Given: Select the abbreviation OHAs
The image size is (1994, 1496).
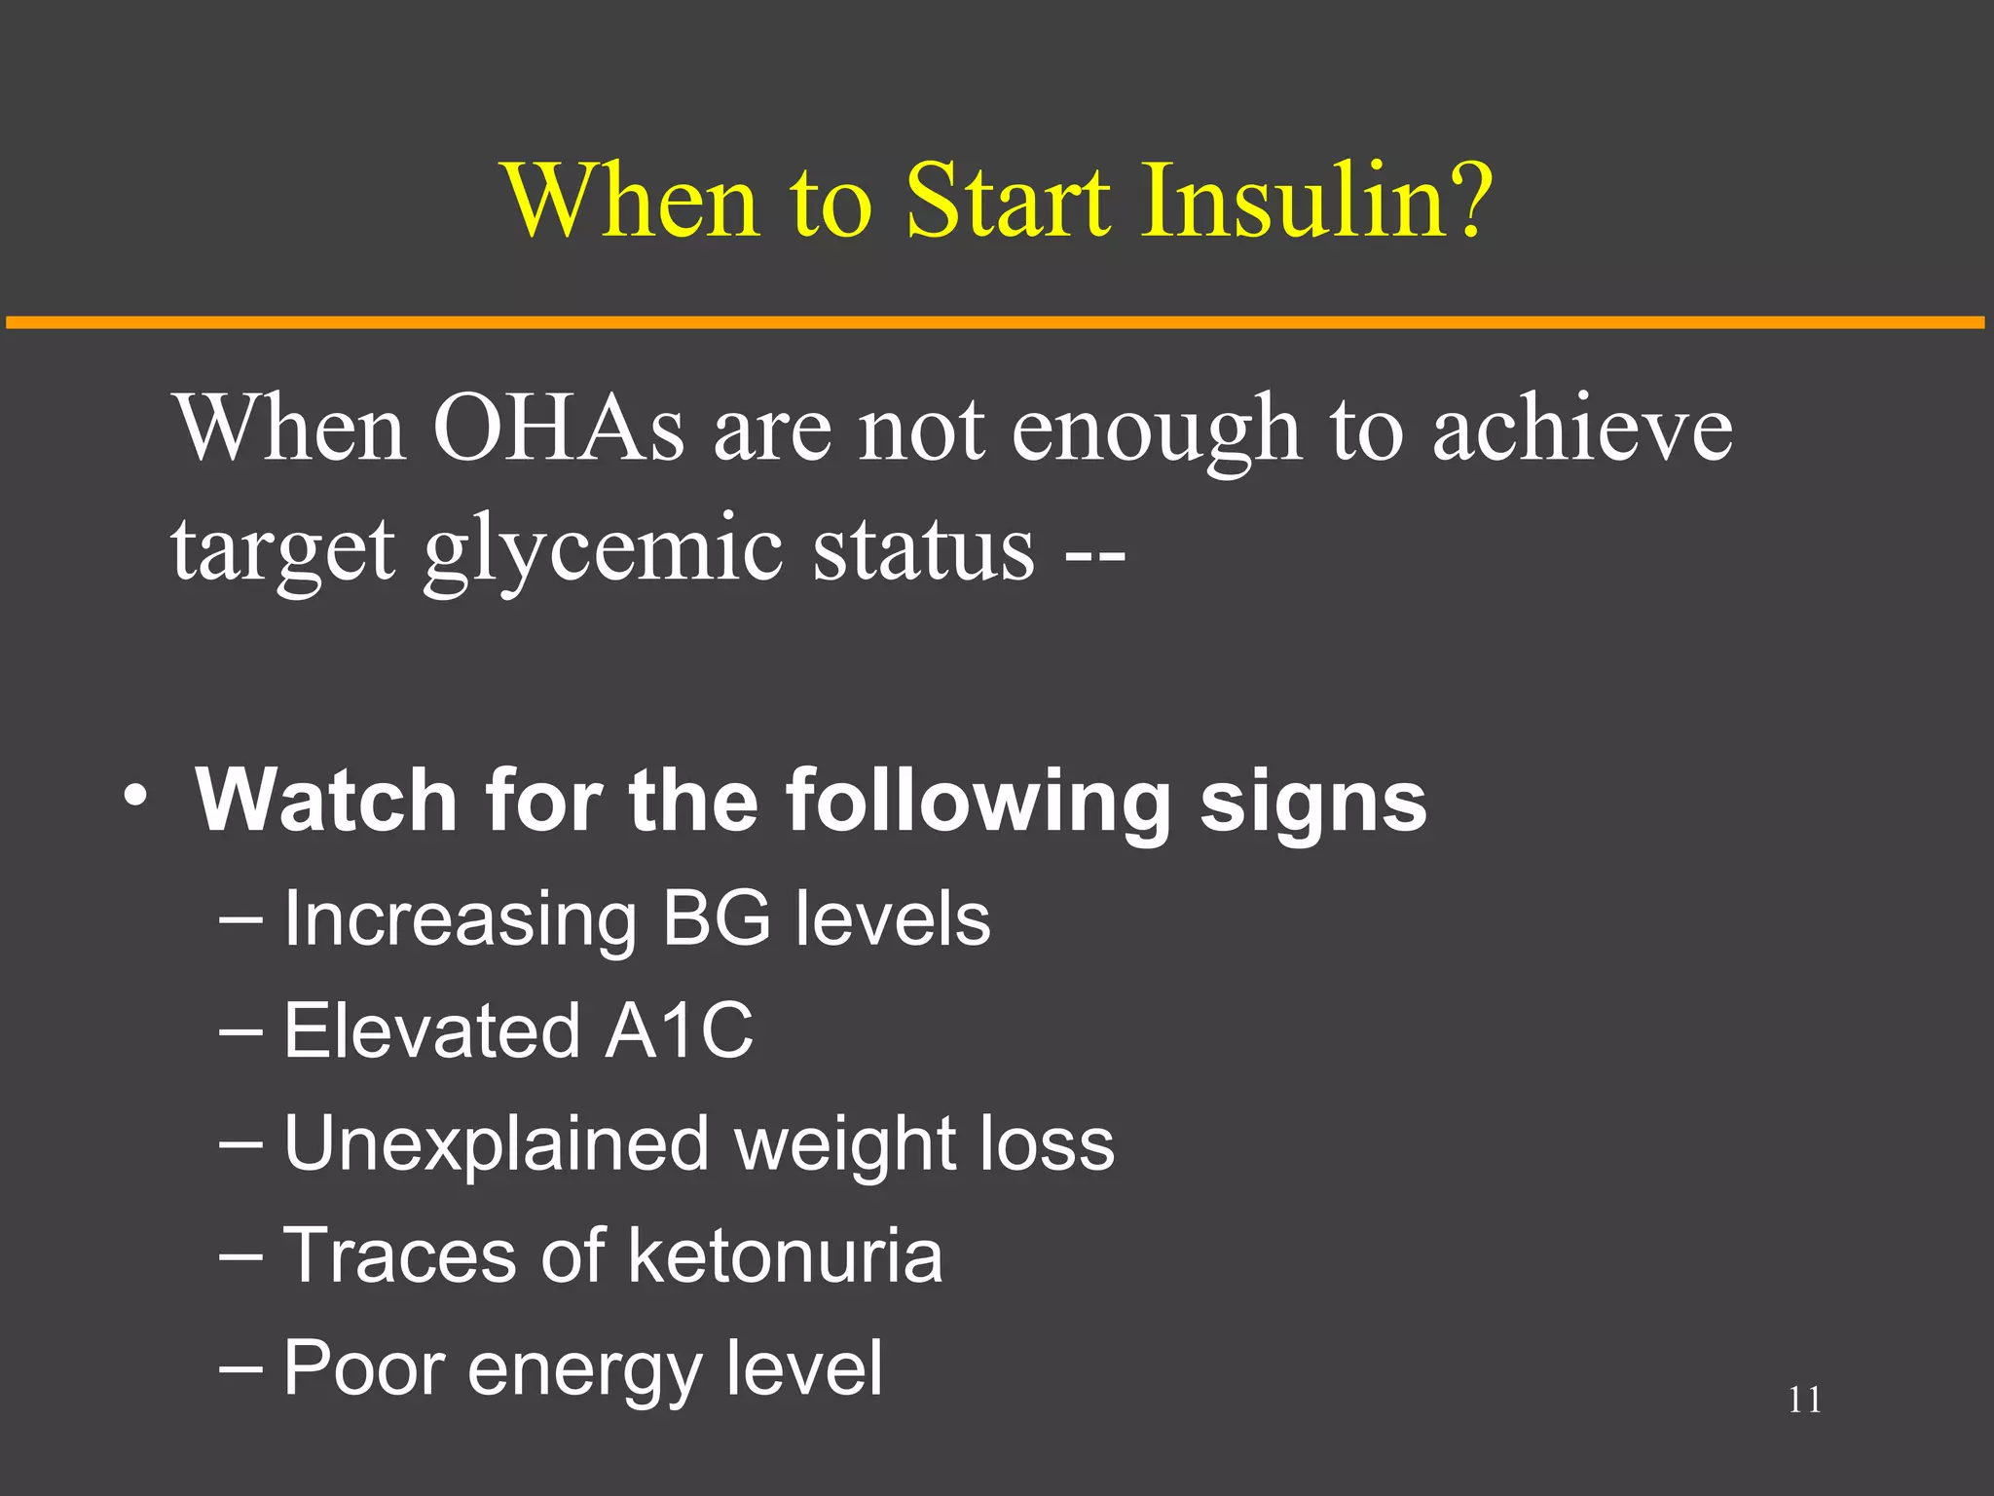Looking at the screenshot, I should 558,429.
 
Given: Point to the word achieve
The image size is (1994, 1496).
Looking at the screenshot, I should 1582,429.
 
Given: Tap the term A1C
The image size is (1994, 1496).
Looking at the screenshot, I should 679,1030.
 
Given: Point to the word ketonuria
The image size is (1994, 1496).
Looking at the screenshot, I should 785,1255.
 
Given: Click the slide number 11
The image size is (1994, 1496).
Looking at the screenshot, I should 1804,1400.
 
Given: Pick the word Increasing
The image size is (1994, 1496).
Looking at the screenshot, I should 461,920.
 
